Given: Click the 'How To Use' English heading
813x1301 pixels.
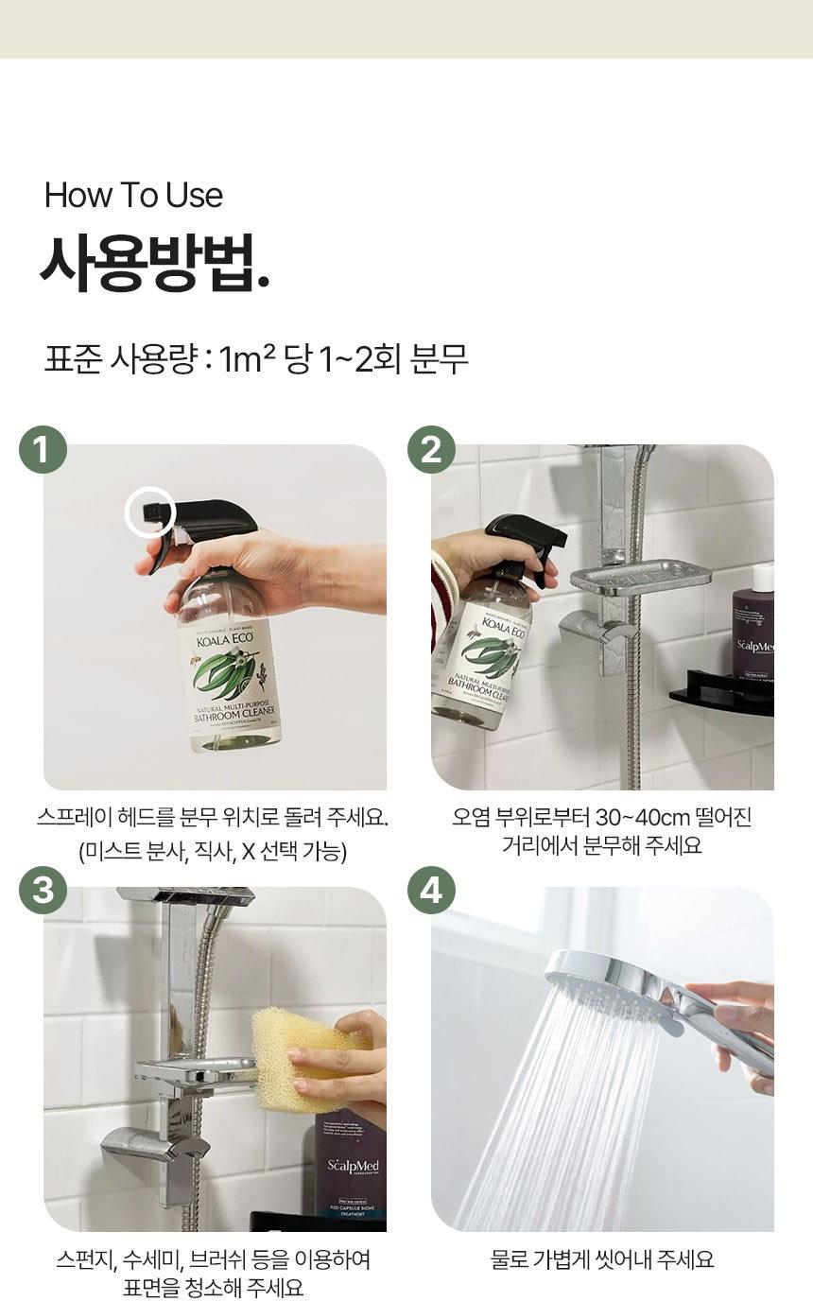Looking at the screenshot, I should pyautogui.click(x=133, y=196).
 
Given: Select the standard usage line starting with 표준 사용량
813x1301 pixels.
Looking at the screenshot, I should pyautogui.click(x=256, y=359).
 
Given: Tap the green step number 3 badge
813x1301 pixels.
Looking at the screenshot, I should pyautogui.click(x=43, y=891).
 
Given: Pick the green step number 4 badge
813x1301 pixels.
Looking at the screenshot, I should pyautogui.click(x=431, y=891).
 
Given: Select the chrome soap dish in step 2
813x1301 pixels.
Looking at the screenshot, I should pyautogui.click(x=640, y=577).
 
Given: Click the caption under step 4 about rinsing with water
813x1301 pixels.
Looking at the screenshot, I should pyautogui.click(x=602, y=1259).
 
